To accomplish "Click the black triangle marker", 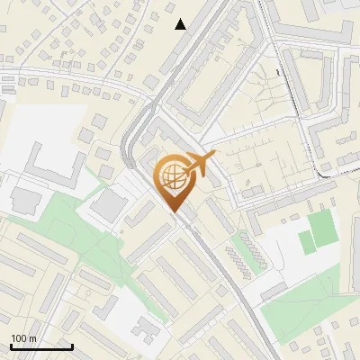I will click(181, 24).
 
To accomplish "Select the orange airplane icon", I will click(200, 164).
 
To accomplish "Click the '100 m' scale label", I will click(23, 338).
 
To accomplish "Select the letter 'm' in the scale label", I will click(31, 338).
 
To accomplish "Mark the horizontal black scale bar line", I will click(41, 346).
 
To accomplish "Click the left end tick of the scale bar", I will click(10, 345).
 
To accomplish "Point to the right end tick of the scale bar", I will click(72, 345).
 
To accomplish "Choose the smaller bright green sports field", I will click(307, 242).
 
